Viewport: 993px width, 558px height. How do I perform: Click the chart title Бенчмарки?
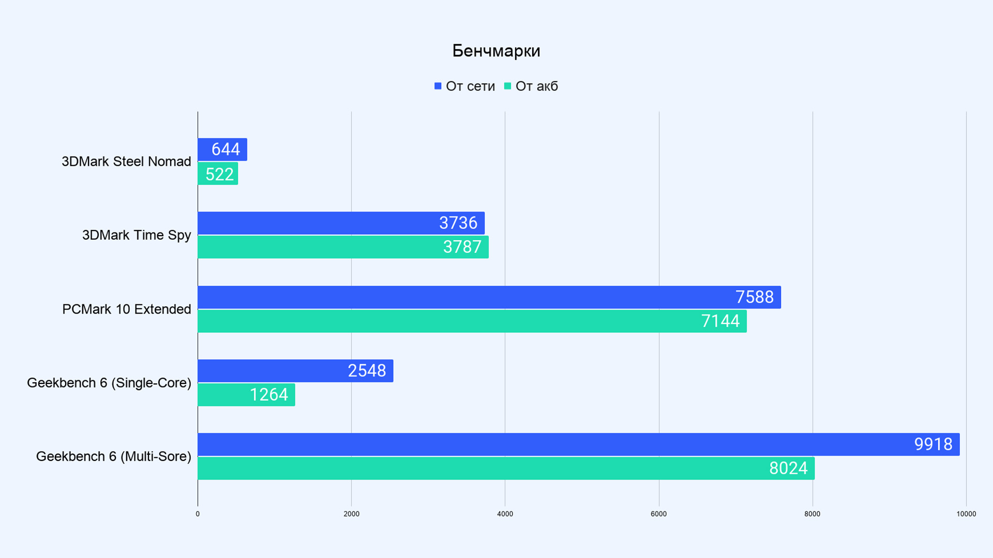(x=496, y=51)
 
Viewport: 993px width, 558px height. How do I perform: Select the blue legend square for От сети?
(x=438, y=86)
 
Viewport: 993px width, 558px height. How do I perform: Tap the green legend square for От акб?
(x=507, y=86)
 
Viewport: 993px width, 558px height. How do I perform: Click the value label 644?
(x=225, y=149)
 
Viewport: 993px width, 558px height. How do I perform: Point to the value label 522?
(x=219, y=174)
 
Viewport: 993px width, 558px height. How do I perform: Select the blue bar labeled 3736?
(x=341, y=223)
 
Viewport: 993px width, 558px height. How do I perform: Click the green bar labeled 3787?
(x=343, y=247)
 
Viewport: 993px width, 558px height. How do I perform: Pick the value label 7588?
(x=754, y=297)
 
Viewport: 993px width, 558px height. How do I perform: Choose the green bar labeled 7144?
(x=472, y=321)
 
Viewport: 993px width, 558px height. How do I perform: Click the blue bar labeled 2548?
(x=295, y=371)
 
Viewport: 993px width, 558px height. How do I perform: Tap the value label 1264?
(x=268, y=395)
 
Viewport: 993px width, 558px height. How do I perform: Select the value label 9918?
(x=932, y=444)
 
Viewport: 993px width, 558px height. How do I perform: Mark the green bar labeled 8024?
(x=506, y=469)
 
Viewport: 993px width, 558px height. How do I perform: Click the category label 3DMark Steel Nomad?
(x=126, y=162)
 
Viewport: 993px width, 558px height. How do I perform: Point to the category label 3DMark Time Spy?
(x=137, y=235)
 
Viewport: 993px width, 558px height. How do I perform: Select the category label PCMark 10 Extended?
(x=127, y=309)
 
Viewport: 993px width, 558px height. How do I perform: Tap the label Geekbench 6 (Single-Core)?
(x=109, y=383)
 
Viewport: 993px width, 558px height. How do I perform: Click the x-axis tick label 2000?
(x=351, y=514)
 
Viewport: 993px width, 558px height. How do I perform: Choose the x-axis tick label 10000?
(x=966, y=514)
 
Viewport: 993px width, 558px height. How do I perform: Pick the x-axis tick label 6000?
(x=658, y=514)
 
